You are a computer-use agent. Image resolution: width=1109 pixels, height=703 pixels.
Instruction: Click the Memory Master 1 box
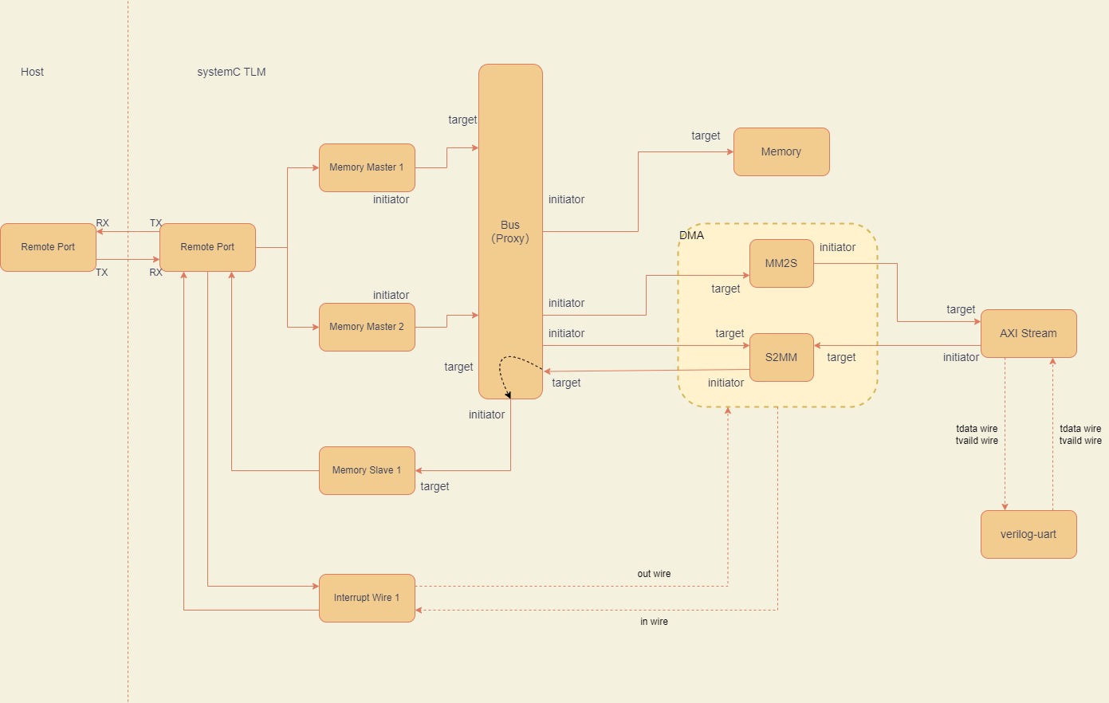pyautogui.click(x=367, y=167)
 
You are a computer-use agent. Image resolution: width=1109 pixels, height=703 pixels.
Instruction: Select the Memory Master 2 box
pyautogui.click(x=367, y=327)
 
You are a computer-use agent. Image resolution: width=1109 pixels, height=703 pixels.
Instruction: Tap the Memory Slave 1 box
pyautogui.click(x=367, y=470)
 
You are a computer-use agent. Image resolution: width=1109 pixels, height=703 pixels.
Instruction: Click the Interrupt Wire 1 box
pyautogui.click(x=367, y=598)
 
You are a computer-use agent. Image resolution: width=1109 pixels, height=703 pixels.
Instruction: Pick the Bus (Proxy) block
pyautogui.click(x=510, y=231)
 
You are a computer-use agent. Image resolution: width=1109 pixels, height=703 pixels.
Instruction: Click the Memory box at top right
pyautogui.click(x=781, y=151)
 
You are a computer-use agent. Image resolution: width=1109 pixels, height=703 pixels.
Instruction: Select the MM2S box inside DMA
pyautogui.click(x=781, y=263)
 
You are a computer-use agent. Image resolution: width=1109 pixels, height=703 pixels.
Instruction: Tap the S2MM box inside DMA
pyautogui.click(x=781, y=357)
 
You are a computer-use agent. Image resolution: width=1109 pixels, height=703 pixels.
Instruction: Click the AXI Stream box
pyautogui.click(x=1028, y=333)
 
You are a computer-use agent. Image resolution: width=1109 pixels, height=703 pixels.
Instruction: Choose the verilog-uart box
pyautogui.click(x=1028, y=534)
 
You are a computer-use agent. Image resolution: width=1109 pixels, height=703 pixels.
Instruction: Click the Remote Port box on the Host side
pyautogui.click(x=48, y=247)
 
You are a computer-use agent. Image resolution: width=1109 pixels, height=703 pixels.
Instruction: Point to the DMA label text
pyautogui.click(x=691, y=235)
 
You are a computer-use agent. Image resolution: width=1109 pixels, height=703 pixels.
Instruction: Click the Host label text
pyautogui.click(x=32, y=72)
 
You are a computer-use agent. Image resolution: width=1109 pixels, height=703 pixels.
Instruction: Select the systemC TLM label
pyautogui.click(x=231, y=72)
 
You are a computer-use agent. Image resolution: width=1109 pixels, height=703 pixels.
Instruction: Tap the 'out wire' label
pyautogui.click(x=654, y=574)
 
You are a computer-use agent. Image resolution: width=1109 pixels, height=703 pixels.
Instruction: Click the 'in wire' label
pyautogui.click(x=654, y=622)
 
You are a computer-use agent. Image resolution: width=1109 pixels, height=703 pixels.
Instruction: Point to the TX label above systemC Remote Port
pyautogui.click(x=155, y=223)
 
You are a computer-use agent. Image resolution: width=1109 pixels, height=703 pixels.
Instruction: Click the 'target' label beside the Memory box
pyautogui.click(x=706, y=135)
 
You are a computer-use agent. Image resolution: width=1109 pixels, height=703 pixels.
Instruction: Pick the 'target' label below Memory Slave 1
pyautogui.click(x=435, y=486)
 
